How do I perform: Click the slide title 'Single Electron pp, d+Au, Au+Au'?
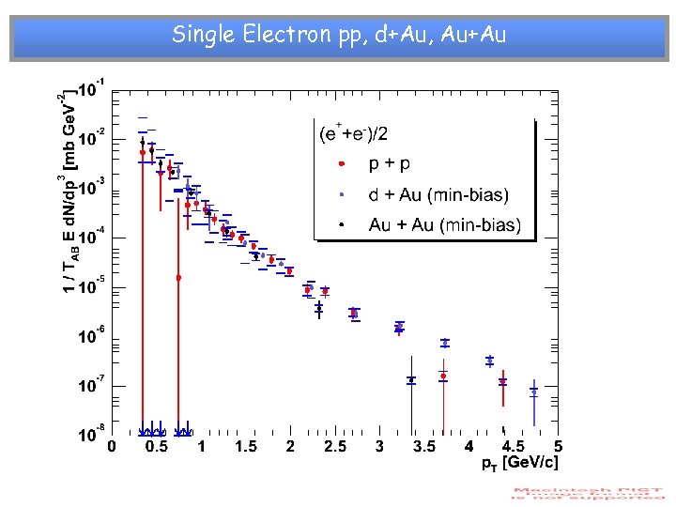tap(339, 36)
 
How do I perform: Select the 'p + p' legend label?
tap(389, 164)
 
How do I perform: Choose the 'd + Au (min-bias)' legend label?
tap(438, 195)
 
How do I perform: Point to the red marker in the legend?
tap(342, 164)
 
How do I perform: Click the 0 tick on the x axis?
tap(112, 447)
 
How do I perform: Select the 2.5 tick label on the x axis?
tap(333, 447)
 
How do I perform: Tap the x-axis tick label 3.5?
tap(424, 447)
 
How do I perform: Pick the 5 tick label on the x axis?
tap(558, 447)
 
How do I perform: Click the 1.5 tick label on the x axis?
tap(246, 447)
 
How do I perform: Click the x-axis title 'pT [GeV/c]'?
tap(520, 464)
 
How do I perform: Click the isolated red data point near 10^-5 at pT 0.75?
tap(178, 278)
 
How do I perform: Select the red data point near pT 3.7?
tap(443, 376)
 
